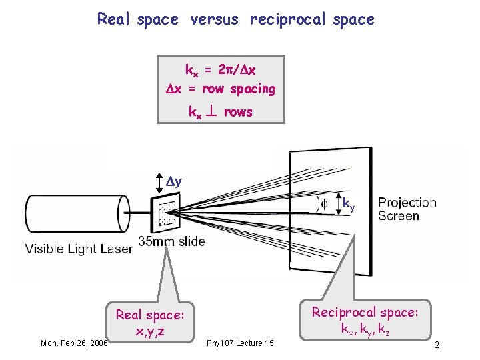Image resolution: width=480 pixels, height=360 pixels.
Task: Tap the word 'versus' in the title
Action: tap(214, 19)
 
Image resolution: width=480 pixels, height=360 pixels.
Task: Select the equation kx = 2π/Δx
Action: tap(221, 70)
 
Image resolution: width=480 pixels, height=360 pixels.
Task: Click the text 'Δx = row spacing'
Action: tap(221, 89)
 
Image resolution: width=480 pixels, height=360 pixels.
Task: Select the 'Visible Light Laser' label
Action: tap(79, 249)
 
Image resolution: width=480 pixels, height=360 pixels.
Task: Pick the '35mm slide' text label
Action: tap(172, 241)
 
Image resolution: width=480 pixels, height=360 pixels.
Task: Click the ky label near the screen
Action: tap(349, 203)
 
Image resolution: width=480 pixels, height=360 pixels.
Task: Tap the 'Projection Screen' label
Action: tap(407, 209)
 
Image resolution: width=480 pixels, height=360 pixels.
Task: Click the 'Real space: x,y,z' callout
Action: tap(149, 323)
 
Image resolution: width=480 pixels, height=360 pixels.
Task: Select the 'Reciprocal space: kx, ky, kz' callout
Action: tap(365, 320)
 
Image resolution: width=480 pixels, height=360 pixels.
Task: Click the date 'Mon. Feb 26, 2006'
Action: tap(74, 343)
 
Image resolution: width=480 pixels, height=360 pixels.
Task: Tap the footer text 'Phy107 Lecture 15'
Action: tap(240, 343)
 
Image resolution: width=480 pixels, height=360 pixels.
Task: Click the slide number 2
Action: tap(436, 345)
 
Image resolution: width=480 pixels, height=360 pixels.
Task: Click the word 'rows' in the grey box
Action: tap(238, 112)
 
